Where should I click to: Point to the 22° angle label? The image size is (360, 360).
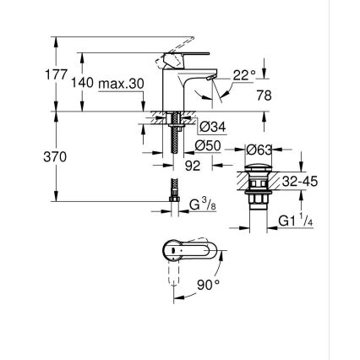(244, 75)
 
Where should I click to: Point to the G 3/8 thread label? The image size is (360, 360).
(200, 205)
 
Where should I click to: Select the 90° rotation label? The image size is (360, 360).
(208, 286)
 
